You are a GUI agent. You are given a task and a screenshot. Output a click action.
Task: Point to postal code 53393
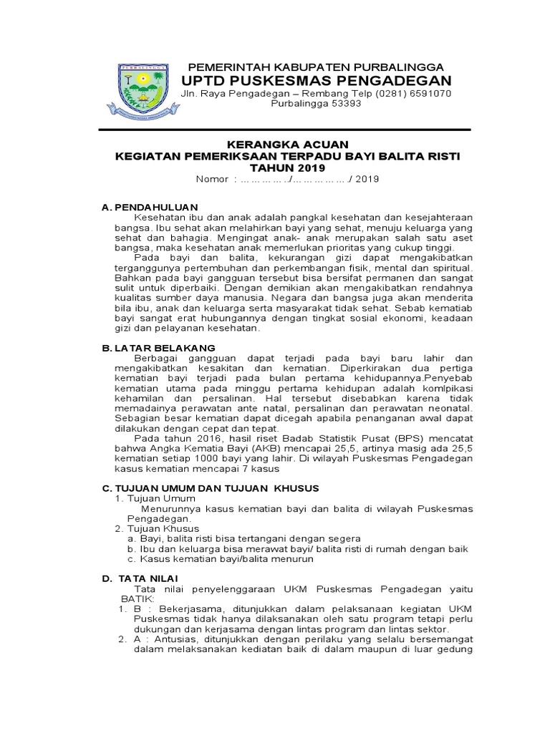(339, 105)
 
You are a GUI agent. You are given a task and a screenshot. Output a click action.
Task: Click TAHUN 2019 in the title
(287, 168)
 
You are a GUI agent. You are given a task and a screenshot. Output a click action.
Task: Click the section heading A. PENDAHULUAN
(149, 207)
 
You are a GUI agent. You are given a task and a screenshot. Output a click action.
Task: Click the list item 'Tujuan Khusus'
(162, 528)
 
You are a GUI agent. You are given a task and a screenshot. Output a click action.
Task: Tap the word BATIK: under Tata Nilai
(135, 598)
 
